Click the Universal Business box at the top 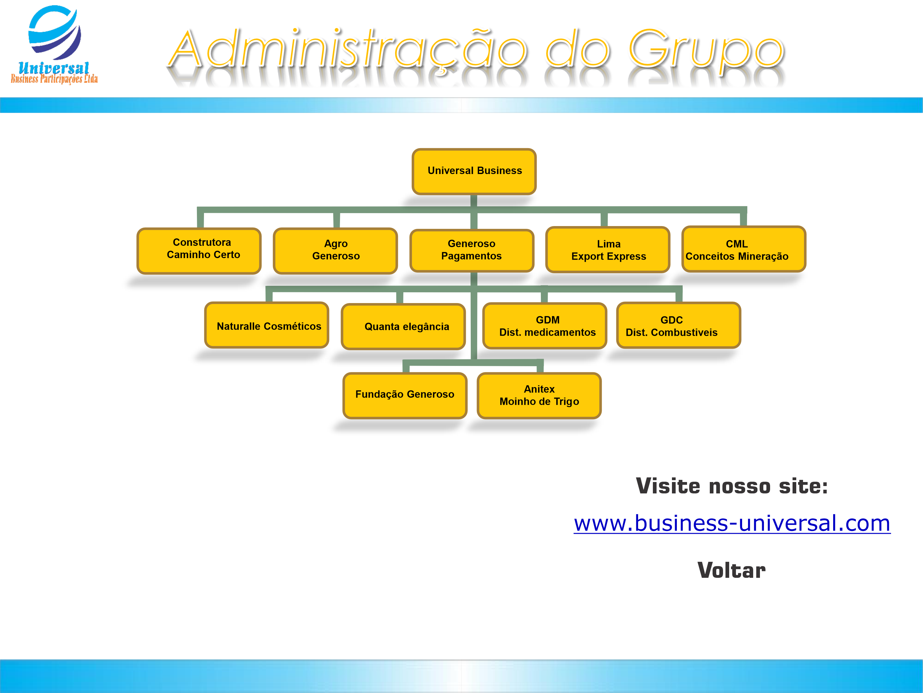[474, 171]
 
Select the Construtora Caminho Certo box [199, 251]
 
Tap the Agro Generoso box [335, 251]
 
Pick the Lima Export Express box [608, 250]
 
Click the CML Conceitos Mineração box [744, 249]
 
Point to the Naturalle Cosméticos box [267, 325]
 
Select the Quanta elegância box [403, 326]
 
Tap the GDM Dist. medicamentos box [545, 326]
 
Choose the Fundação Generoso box [405, 395]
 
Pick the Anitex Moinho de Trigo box [539, 395]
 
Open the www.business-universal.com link [732, 523]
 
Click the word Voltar [731, 570]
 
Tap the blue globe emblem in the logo [55, 32]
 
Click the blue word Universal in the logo [54, 68]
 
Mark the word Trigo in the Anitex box [566, 402]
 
